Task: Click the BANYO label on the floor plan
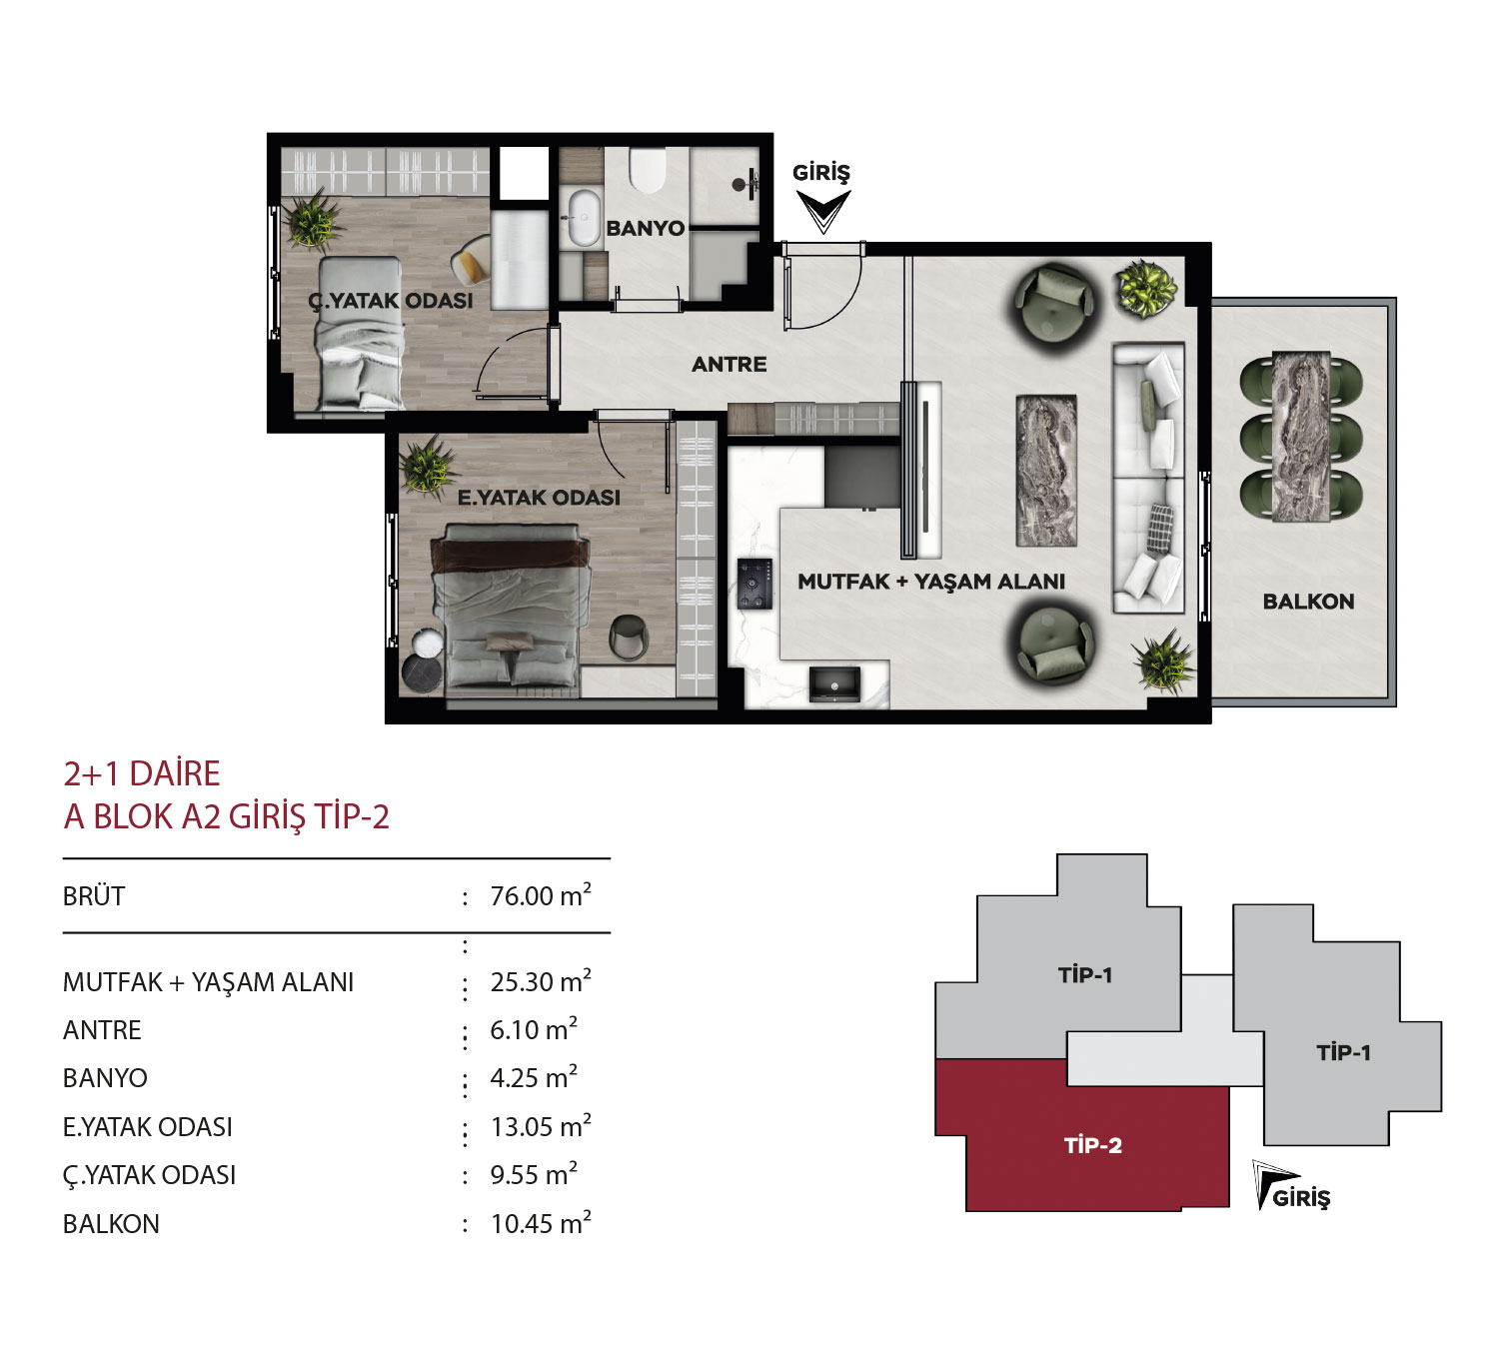tap(645, 228)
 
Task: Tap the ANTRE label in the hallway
tap(729, 364)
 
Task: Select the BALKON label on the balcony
tap(1308, 602)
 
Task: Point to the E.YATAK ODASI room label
tap(539, 497)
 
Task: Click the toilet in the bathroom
tap(648, 170)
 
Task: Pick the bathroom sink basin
tap(584, 218)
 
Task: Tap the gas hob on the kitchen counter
tap(754, 584)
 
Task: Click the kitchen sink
tap(834, 684)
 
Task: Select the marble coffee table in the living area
tap(1045, 470)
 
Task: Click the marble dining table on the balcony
tap(1301, 438)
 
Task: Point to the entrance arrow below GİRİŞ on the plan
tap(822, 212)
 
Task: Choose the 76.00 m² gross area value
tap(541, 895)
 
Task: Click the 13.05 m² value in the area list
tap(541, 1126)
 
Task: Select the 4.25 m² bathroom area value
tap(534, 1078)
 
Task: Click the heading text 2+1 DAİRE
tap(142, 773)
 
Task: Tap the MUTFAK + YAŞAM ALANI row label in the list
tap(208, 982)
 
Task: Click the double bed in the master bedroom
tap(510, 607)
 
